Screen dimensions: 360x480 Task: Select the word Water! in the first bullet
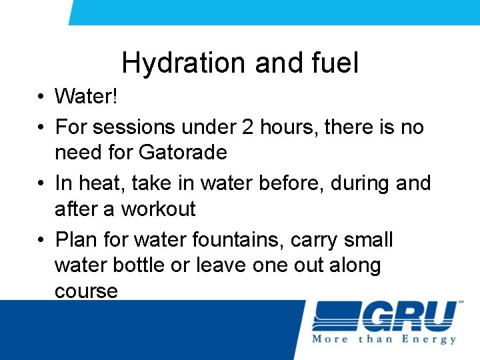[86, 97]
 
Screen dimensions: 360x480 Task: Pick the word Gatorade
[183, 153]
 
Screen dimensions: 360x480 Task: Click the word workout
[158, 209]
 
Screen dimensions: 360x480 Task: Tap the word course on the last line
[86, 291]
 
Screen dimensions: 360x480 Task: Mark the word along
[358, 265]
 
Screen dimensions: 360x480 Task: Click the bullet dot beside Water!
[41, 97]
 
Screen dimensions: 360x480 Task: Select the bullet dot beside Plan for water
[41, 239]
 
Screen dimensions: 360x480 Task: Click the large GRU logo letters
[409, 316]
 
